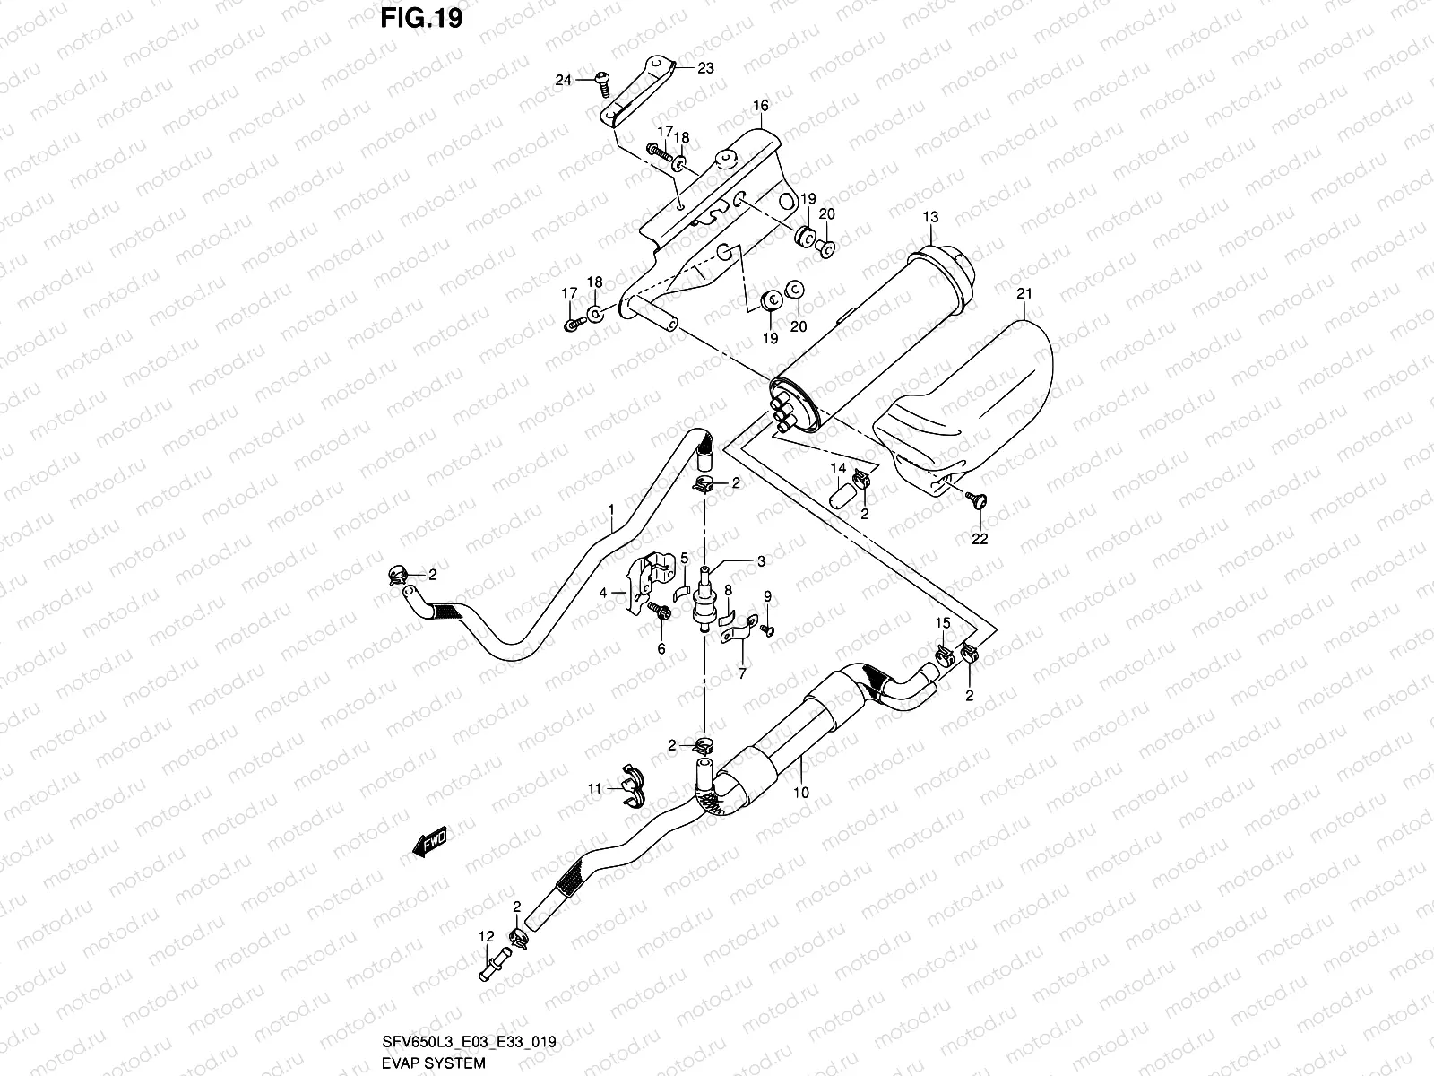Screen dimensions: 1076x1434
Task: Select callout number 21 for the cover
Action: pyautogui.click(x=1025, y=293)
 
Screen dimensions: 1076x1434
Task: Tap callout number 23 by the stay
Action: pyautogui.click(x=705, y=68)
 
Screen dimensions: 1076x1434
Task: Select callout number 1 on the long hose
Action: pyautogui.click(x=611, y=509)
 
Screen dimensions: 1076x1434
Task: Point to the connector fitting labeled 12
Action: pyautogui.click(x=489, y=969)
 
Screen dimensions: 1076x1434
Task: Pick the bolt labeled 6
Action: pyautogui.click(x=660, y=613)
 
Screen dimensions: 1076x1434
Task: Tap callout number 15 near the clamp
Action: pyautogui.click(x=942, y=623)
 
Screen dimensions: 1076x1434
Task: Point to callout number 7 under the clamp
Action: pyautogui.click(x=741, y=672)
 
